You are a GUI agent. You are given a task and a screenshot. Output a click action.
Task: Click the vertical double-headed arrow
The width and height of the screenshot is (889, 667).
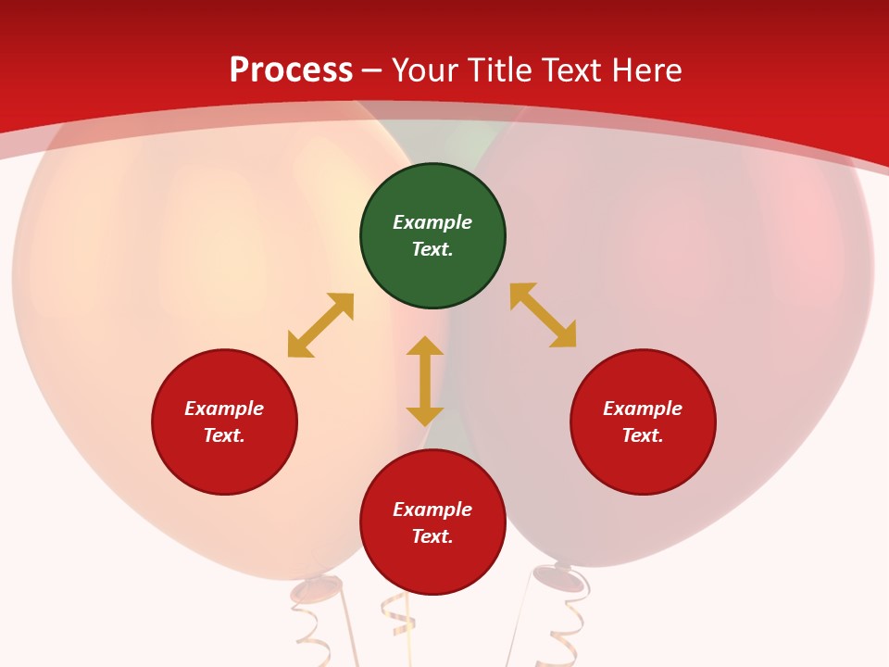click(425, 381)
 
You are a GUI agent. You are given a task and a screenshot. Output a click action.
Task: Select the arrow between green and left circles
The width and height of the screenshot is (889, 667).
click(320, 325)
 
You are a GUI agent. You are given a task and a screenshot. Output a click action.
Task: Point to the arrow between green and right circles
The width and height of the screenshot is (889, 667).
click(544, 315)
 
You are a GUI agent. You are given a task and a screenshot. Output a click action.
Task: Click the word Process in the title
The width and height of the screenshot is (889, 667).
click(291, 70)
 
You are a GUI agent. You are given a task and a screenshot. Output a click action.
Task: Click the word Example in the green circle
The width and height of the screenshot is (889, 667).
click(432, 222)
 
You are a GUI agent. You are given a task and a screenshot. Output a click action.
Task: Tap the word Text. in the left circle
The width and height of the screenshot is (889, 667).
click(224, 435)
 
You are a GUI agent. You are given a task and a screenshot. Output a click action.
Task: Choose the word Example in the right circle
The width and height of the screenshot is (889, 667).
click(643, 409)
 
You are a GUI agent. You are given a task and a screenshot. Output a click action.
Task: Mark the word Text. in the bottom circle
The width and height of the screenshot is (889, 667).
click(432, 536)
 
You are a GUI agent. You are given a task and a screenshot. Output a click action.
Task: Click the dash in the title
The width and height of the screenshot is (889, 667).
click(372, 70)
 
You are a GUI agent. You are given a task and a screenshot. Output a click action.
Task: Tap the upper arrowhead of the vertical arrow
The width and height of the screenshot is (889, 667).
click(425, 346)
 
